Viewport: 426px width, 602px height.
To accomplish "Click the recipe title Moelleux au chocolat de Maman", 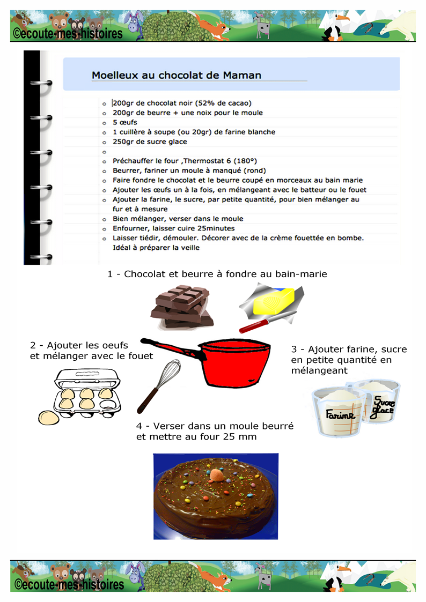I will pos(177,75).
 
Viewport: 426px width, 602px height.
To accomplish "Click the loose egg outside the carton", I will pos(49,417).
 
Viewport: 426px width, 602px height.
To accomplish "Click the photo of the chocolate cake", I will pos(216,496).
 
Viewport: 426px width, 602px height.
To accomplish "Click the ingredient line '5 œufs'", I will pos(125,122).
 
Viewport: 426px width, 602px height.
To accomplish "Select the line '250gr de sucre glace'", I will pos(150,142).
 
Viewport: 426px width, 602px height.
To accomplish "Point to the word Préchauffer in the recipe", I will pos(133,161).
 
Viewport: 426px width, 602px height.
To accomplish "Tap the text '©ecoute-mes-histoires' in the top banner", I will pos(68,34).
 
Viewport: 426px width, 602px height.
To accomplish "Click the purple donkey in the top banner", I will pos(132,24).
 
